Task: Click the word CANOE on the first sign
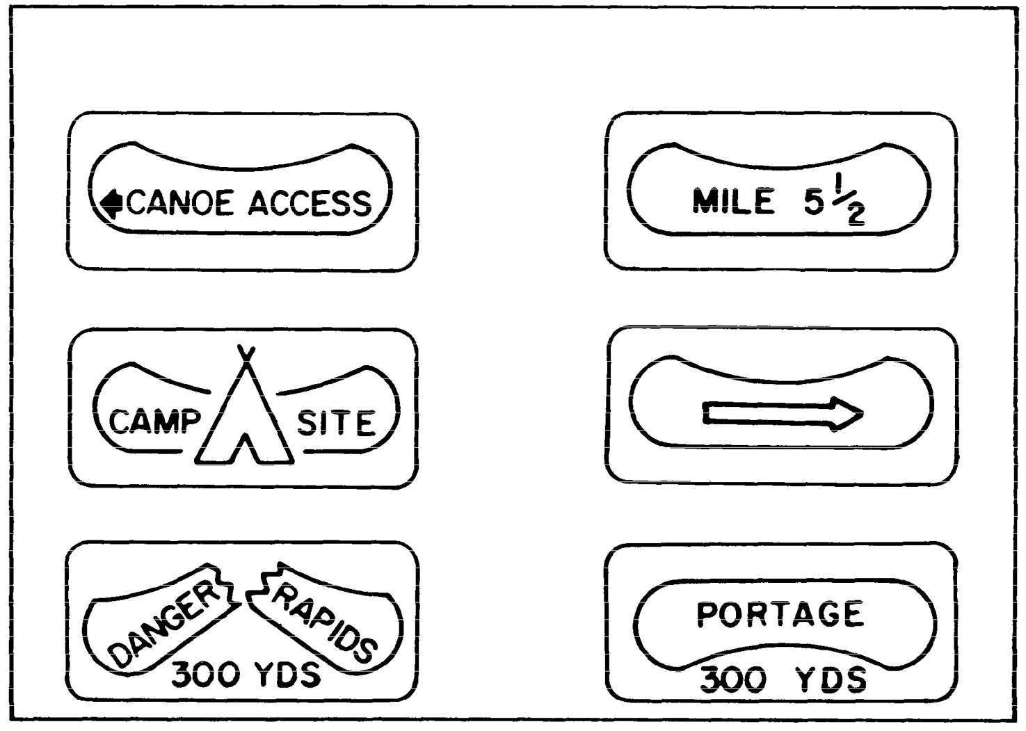tap(181, 202)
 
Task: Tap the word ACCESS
tap(310, 202)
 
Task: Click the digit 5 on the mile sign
tap(814, 201)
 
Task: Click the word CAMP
tap(150, 422)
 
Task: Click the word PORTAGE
tap(780, 614)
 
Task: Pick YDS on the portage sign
tap(831, 679)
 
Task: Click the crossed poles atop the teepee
tap(244, 353)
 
